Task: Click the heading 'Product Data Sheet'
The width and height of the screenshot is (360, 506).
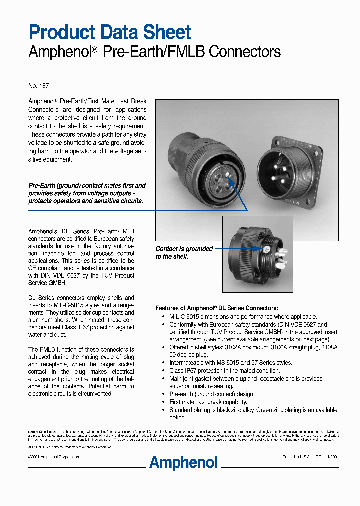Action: click(109, 32)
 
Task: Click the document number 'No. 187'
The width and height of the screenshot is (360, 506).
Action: click(38, 86)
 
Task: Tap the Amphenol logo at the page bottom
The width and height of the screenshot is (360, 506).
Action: click(184, 462)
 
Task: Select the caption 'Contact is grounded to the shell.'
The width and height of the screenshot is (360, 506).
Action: click(184, 253)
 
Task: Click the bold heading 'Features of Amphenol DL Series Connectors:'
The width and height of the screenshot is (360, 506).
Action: click(216, 308)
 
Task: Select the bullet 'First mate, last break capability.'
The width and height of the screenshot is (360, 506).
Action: click(208, 402)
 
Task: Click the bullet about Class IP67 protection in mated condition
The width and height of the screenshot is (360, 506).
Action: click(224, 371)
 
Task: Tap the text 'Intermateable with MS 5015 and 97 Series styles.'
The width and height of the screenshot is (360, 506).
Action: click(230, 363)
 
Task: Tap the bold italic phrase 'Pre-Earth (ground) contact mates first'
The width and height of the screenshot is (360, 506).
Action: click(87, 186)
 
